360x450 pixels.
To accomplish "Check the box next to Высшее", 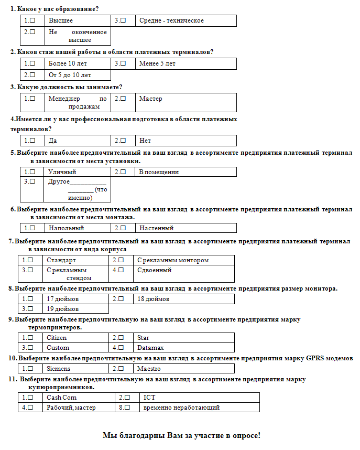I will pyautogui.click(x=32, y=20).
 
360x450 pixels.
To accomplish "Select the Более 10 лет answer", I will pyautogui.click(x=32, y=63).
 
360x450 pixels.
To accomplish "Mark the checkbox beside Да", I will pyautogui.click(x=32, y=140).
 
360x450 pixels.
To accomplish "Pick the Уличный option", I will pyautogui.click(x=32, y=172).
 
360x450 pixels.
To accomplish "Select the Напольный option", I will pyautogui.click(x=32, y=228).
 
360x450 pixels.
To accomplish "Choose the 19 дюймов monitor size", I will pyautogui.click(x=30, y=308).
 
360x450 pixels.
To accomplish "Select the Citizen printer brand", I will pyautogui.click(x=30, y=337).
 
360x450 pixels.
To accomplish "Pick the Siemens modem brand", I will pyautogui.click(x=30, y=368).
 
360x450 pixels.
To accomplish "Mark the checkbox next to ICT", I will pyautogui.click(x=126, y=397).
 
